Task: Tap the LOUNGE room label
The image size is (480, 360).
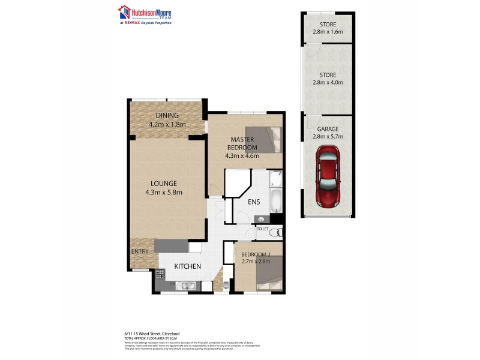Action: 163,183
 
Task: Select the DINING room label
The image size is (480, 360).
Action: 167,116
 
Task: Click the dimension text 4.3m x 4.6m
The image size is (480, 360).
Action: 241,156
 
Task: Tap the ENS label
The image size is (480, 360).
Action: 254,202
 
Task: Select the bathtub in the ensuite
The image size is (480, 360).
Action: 275,202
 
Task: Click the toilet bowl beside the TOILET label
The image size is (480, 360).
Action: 274,233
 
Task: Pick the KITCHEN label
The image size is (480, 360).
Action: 187,266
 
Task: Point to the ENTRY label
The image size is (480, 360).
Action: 139,251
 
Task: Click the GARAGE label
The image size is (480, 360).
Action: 328,129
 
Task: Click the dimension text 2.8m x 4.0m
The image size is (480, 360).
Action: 328,83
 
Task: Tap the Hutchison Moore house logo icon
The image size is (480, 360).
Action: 124,11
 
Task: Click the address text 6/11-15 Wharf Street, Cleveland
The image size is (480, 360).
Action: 148,334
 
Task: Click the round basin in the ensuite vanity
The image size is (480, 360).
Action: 260,220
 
